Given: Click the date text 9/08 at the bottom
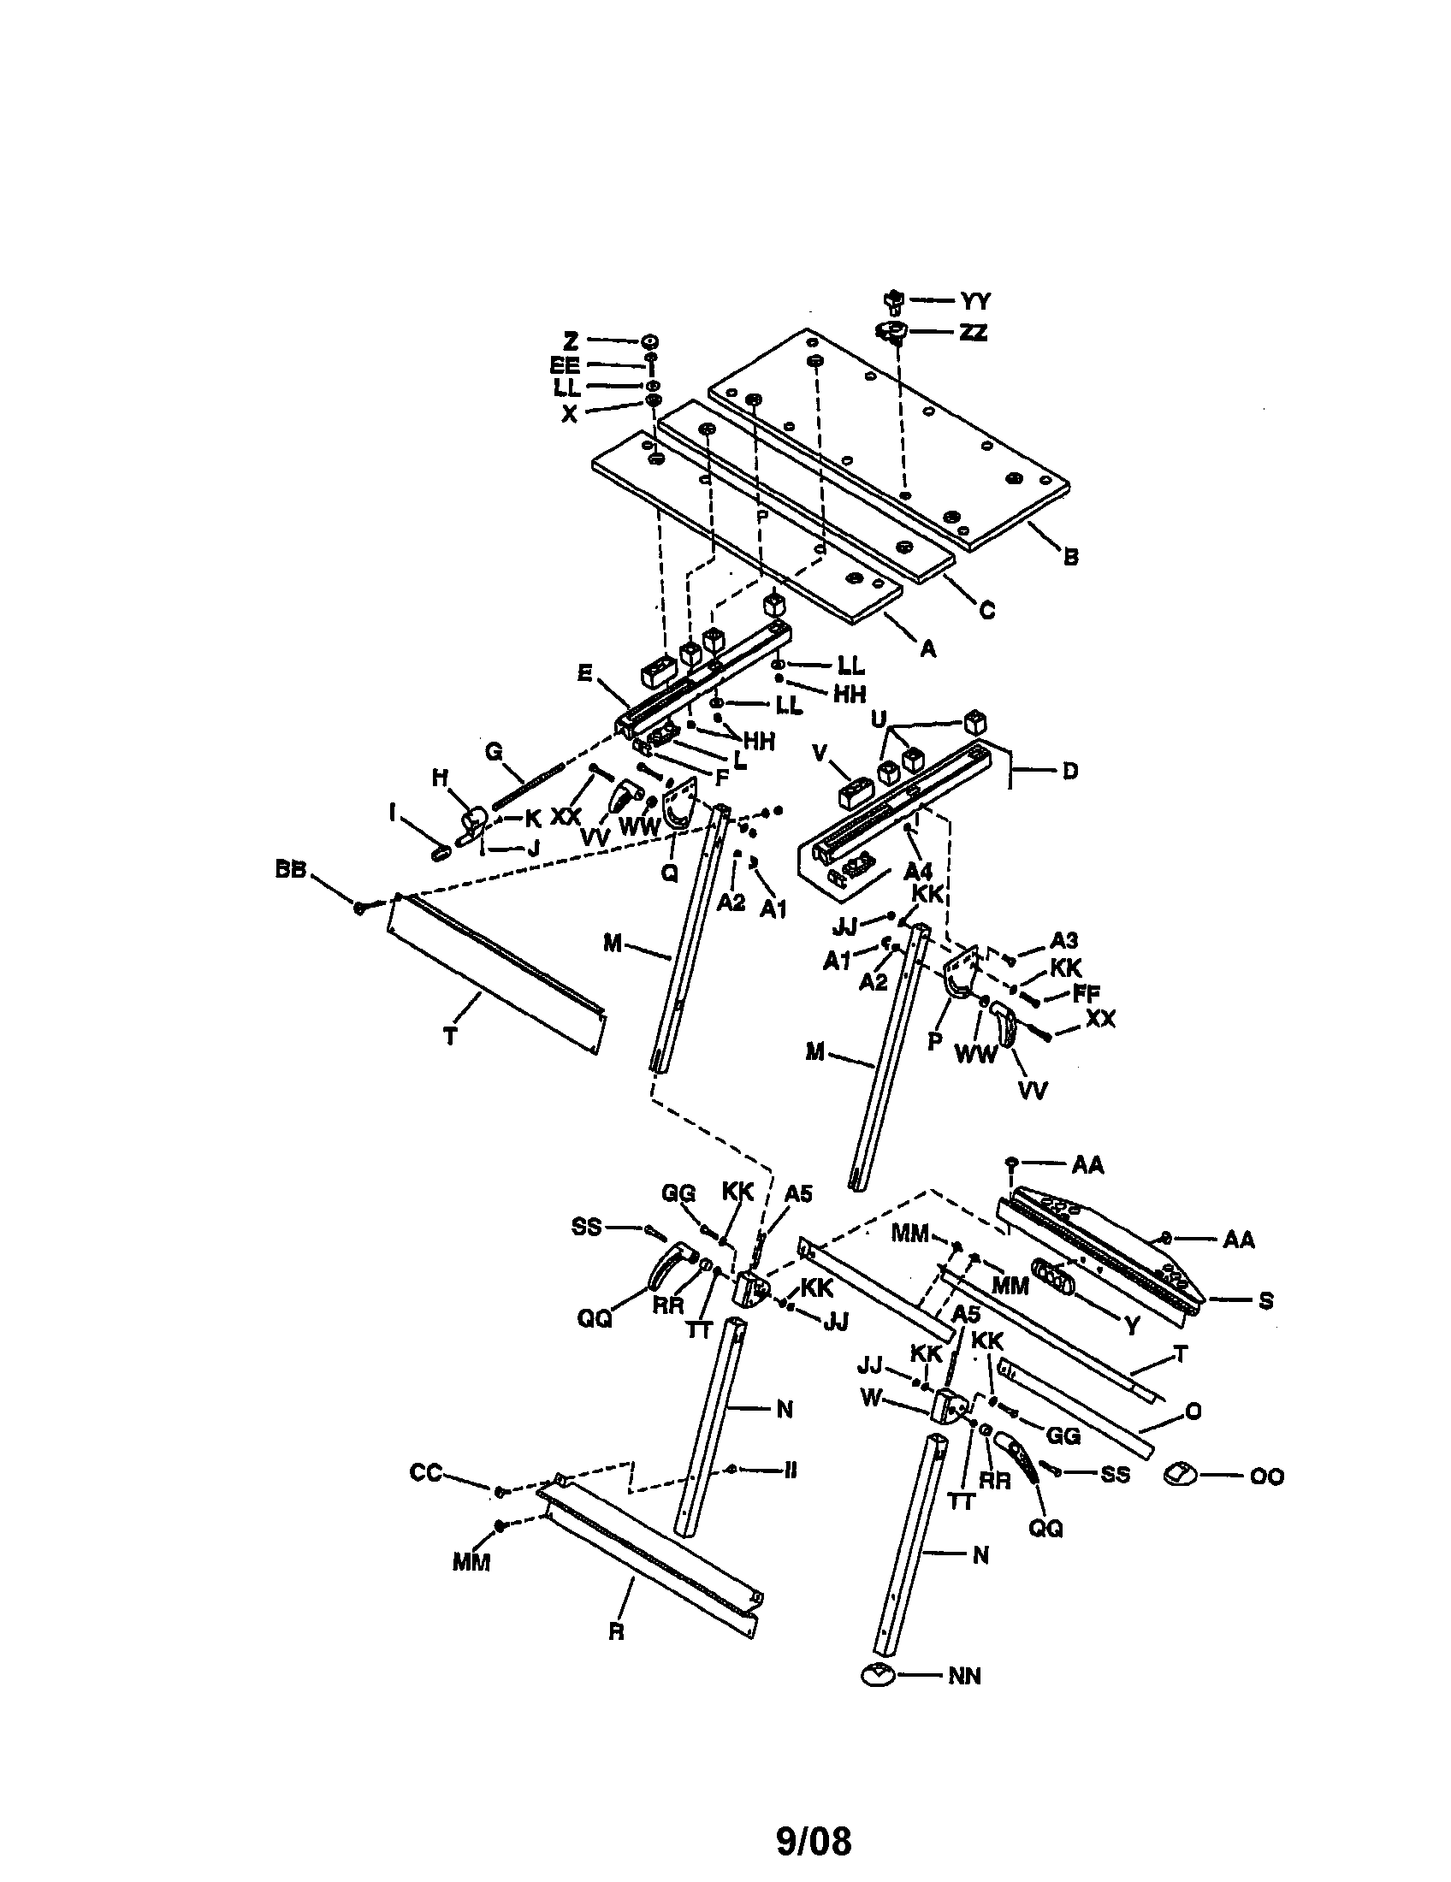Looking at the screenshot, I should (x=813, y=1840).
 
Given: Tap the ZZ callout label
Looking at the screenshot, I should (x=973, y=332).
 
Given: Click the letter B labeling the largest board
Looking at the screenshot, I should (x=1070, y=557).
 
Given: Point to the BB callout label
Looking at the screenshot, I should (x=290, y=870).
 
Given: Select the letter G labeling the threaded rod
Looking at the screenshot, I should (x=494, y=752).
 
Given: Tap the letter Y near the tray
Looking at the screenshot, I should (x=1133, y=1326).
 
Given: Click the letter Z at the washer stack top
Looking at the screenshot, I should (x=571, y=341).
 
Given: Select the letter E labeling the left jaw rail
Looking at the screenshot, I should (x=585, y=674).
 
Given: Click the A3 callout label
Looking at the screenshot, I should (x=1064, y=940).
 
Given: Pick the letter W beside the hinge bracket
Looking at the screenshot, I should (x=872, y=1398).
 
